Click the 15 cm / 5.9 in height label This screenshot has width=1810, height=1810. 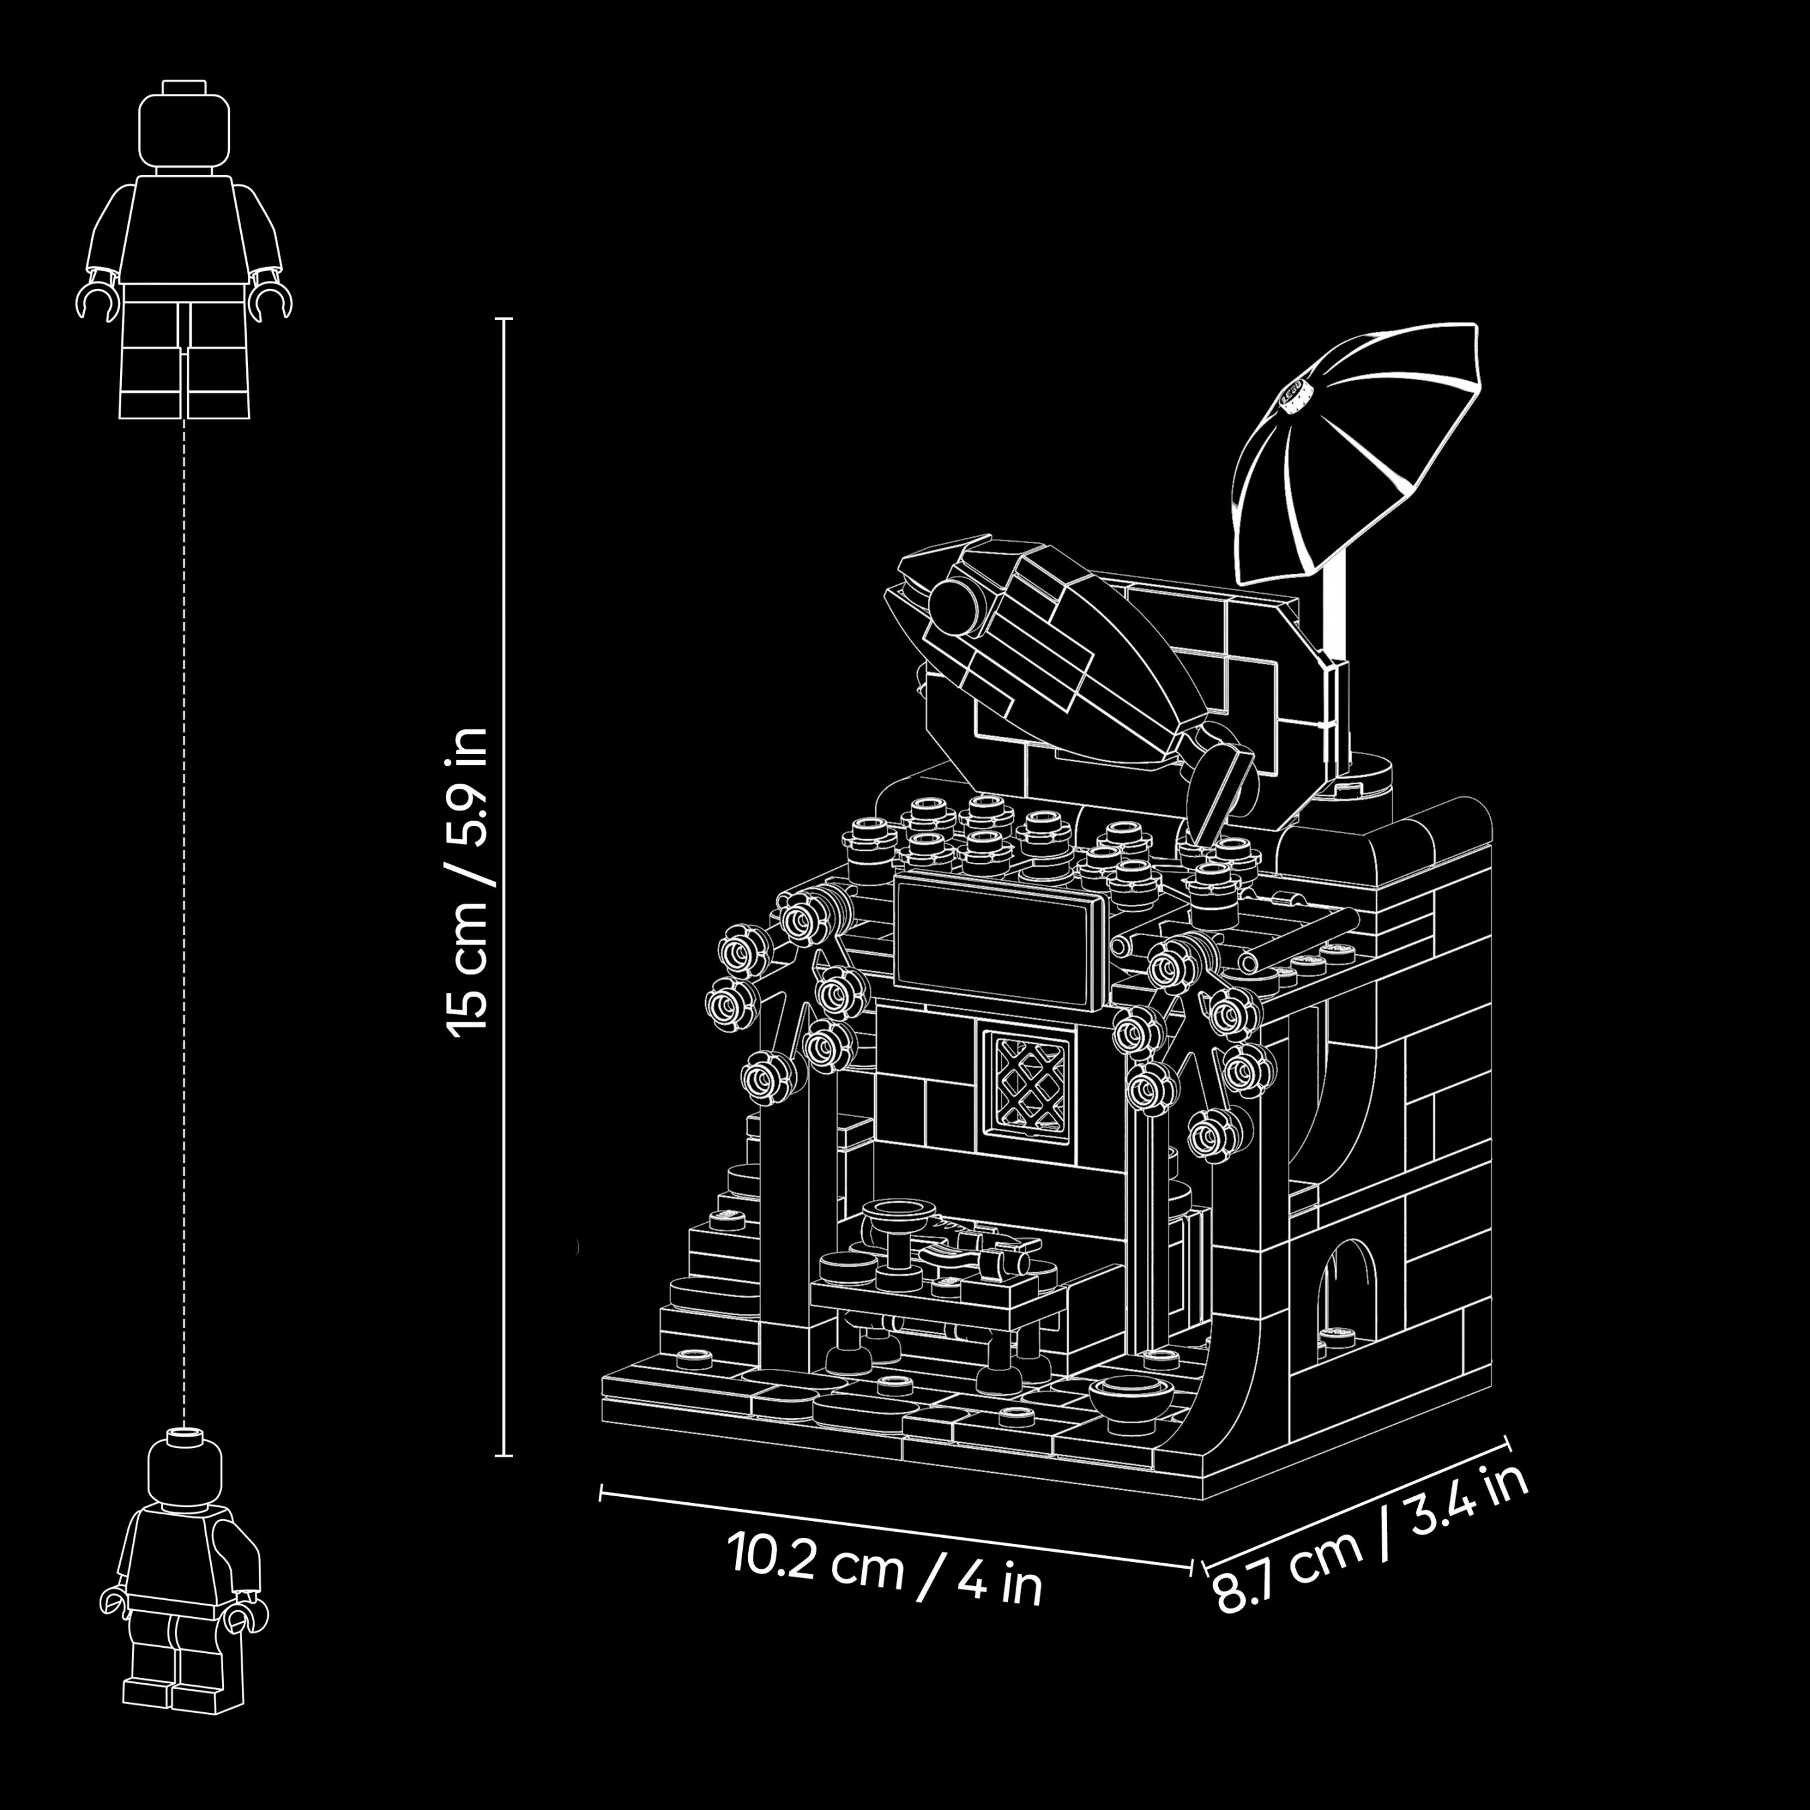[x=467, y=882]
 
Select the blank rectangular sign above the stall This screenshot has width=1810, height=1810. [x=999, y=941]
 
